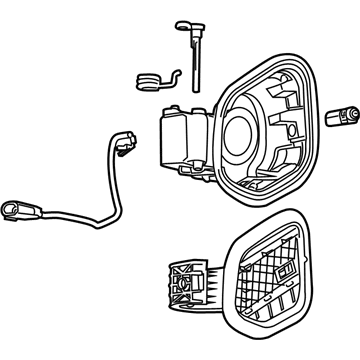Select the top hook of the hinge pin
click(184, 27)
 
